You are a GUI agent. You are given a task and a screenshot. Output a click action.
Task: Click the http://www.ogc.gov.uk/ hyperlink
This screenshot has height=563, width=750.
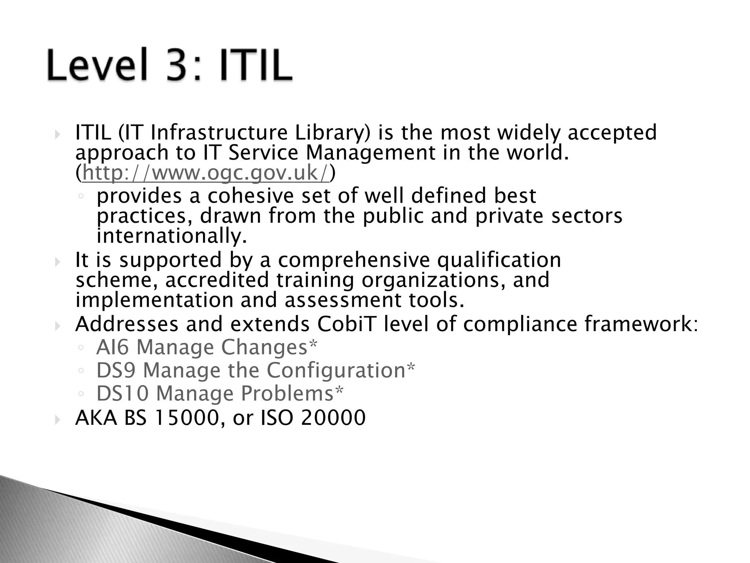point(206,173)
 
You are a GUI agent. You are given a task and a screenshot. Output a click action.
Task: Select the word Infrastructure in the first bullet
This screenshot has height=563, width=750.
point(219,133)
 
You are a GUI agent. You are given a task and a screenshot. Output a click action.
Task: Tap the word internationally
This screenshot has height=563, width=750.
point(172,236)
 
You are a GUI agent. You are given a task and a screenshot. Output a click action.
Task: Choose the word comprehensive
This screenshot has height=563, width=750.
point(354,260)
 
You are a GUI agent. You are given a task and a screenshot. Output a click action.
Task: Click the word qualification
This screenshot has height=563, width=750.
point(499,260)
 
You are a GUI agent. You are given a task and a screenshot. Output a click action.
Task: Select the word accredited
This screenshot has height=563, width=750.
point(217,280)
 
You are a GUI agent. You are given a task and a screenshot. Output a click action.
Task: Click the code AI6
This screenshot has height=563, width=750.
point(112,347)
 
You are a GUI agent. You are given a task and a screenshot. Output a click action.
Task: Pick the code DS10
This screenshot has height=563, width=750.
point(122,393)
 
